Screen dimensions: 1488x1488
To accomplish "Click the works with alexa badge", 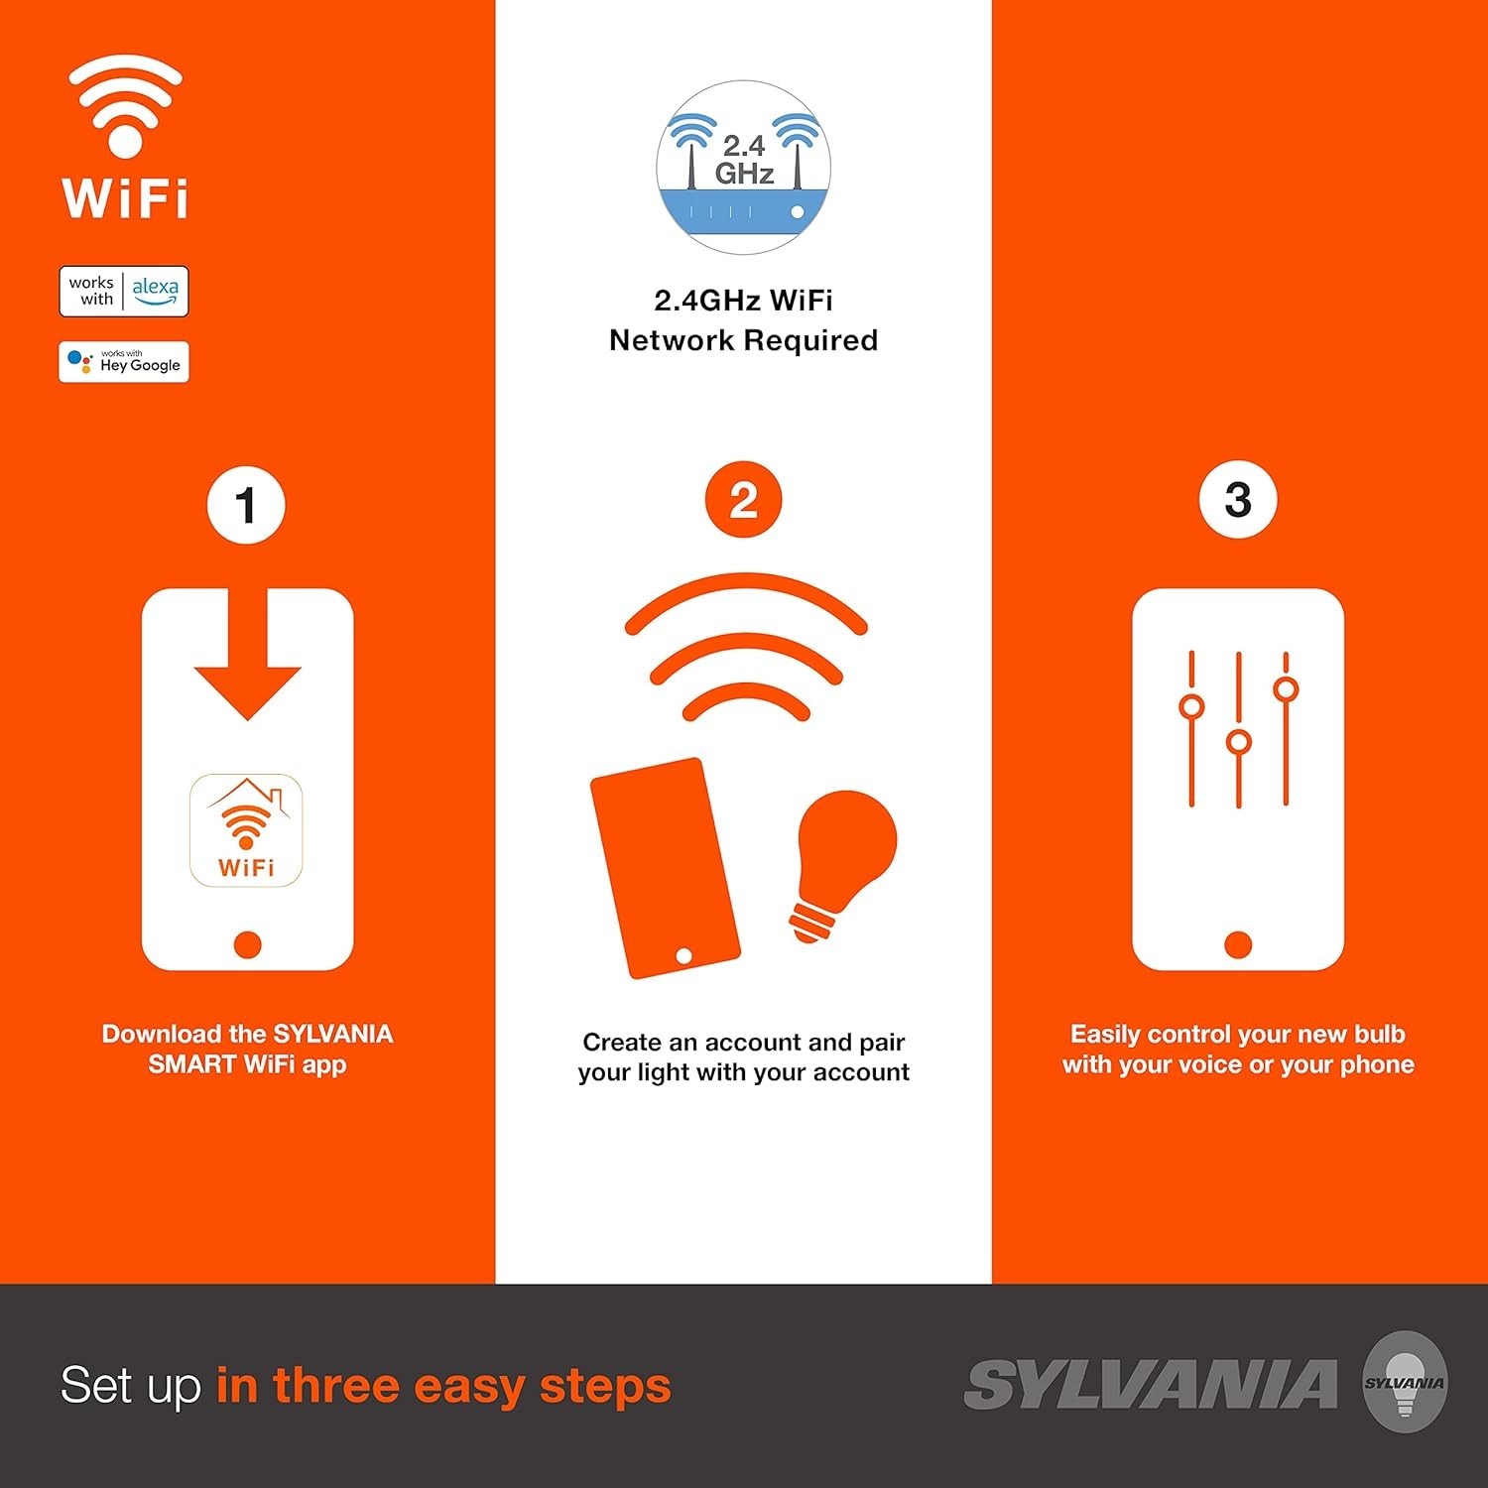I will [x=124, y=292].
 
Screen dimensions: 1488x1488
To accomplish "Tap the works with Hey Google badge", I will [x=124, y=362].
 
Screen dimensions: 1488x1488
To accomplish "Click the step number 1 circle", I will [x=246, y=506].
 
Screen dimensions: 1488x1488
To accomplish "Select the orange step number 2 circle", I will [x=743, y=500].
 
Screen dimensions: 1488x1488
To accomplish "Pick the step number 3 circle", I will [x=1237, y=500].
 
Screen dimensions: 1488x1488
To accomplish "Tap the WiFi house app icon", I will [x=246, y=830].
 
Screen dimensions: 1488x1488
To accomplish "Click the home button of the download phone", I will [x=247, y=944].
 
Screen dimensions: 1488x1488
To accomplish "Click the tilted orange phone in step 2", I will [x=664, y=868].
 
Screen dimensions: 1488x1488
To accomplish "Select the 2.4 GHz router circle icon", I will [x=743, y=168].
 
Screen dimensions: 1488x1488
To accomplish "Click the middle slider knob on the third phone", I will [x=1238, y=742].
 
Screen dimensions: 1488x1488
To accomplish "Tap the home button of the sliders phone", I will [x=1237, y=944].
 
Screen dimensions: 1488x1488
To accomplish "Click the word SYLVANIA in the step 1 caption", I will [x=332, y=1034].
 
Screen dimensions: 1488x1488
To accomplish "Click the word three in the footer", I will [x=335, y=1385].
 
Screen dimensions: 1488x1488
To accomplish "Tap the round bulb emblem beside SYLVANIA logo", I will [x=1404, y=1382].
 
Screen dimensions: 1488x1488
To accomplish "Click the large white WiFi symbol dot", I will [x=125, y=139].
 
